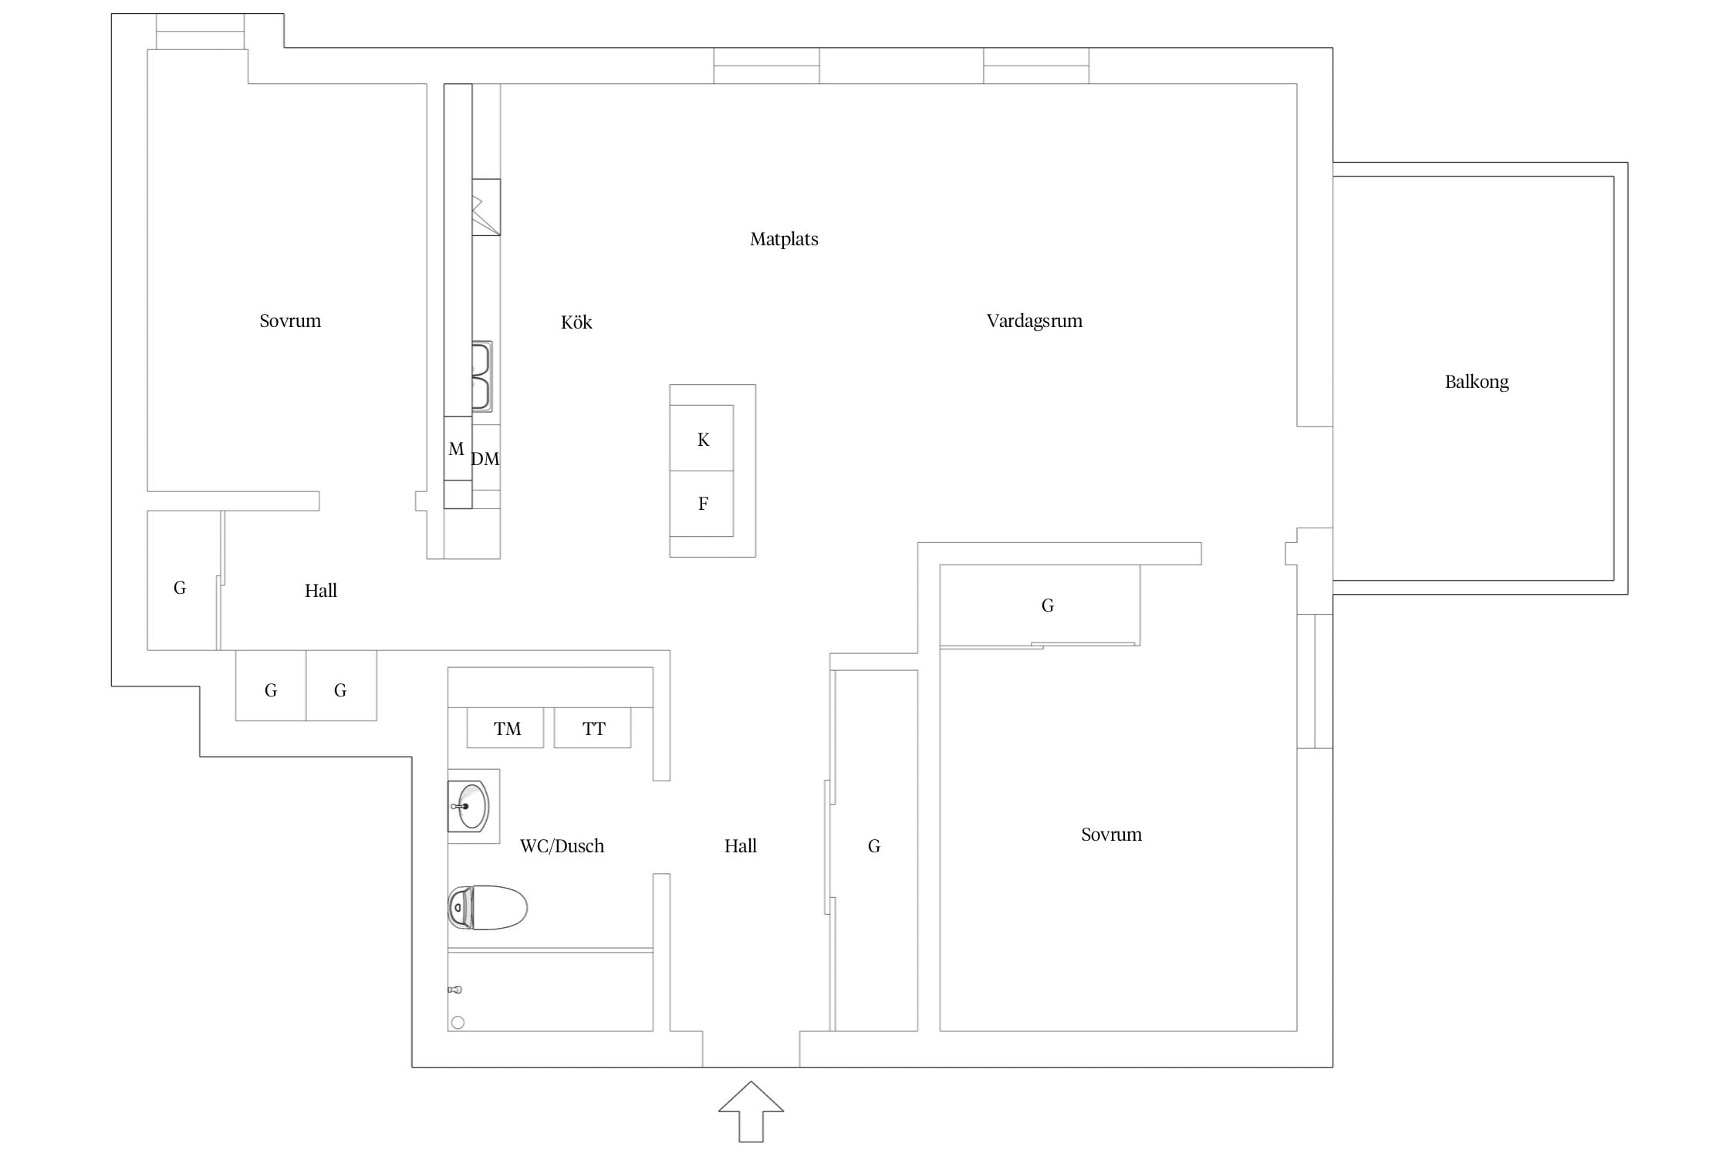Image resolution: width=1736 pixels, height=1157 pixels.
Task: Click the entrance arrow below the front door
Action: tap(751, 1111)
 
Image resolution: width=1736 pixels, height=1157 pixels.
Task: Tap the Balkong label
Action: tap(1476, 382)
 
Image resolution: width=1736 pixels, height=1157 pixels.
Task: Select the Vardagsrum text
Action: tap(1034, 321)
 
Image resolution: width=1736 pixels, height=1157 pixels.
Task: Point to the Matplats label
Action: tap(784, 239)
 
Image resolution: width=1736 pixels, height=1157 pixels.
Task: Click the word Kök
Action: tap(576, 322)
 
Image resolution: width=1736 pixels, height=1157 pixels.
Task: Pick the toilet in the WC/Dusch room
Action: tap(488, 907)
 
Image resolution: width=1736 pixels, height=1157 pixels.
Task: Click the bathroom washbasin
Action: tap(468, 807)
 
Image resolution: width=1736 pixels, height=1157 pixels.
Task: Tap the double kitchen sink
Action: tap(481, 376)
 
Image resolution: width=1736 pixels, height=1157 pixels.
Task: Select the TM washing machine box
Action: tap(505, 728)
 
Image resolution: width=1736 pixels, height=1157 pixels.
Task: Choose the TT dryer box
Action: tap(593, 728)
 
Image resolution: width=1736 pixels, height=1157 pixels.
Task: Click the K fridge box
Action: tap(701, 438)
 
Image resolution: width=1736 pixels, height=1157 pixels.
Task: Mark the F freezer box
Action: tap(701, 504)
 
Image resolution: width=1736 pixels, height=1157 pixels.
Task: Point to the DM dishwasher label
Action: tap(485, 459)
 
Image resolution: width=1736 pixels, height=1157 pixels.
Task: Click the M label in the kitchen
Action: tap(456, 449)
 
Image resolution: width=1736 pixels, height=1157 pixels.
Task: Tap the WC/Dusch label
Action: tap(562, 846)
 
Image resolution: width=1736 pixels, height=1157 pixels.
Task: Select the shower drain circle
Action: tap(458, 1023)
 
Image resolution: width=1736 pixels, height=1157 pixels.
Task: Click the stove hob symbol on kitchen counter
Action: tap(486, 207)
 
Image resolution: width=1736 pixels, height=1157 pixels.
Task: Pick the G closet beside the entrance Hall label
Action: tap(874, 847)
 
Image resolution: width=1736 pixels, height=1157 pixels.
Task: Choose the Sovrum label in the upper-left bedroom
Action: tap(290, 321)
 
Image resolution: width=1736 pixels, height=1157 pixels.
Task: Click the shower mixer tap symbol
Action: tap(455, 990)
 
